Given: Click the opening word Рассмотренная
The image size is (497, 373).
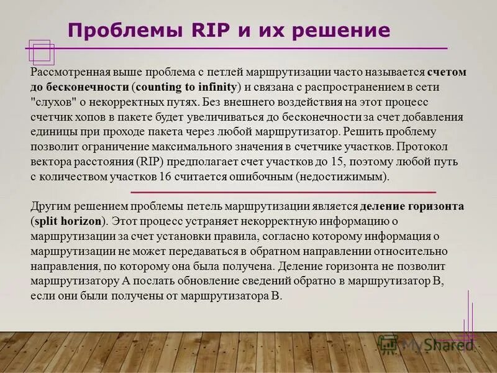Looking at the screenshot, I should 68,72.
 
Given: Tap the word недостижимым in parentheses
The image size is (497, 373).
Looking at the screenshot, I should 342,177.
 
